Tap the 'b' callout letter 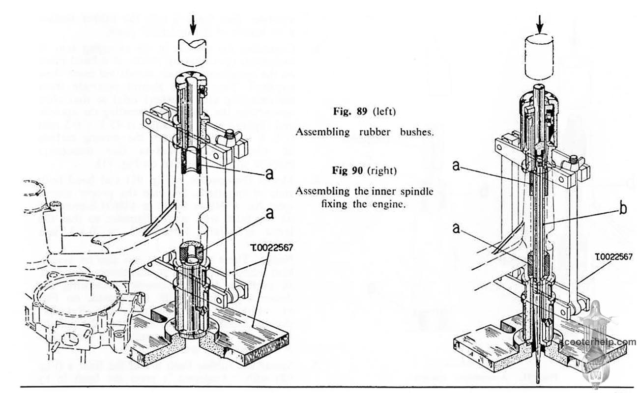pos(623,208)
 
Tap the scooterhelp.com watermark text pos(598,342)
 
